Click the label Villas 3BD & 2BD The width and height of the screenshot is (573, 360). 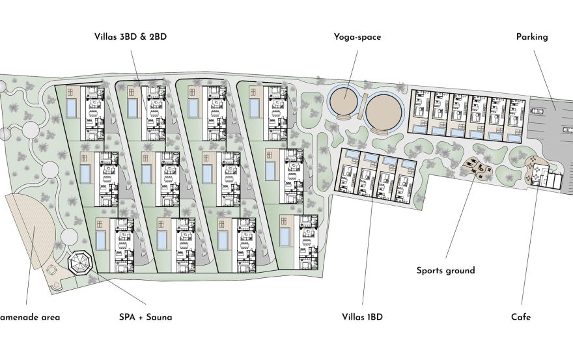130,37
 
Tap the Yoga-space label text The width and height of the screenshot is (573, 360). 357,37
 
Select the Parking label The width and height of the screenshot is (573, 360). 532,37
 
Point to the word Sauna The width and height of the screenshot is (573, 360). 159,317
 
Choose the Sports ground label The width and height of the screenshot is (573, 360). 446,270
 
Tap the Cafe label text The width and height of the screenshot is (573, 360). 520,317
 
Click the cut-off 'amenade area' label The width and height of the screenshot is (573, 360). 30,317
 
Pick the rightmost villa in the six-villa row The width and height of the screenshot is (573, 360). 515,117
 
